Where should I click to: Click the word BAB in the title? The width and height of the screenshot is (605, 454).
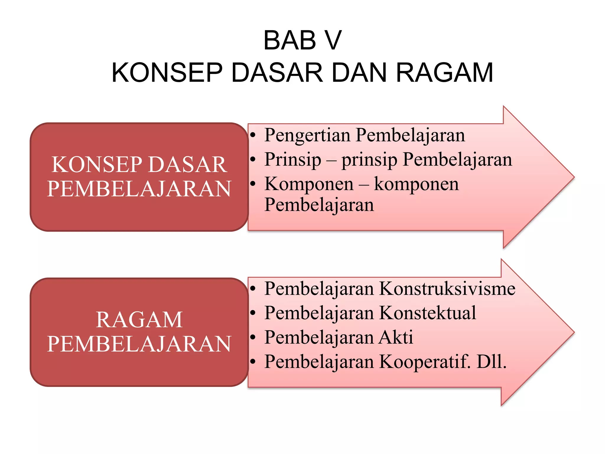(290, 40)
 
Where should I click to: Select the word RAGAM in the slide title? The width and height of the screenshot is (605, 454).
(444, 73)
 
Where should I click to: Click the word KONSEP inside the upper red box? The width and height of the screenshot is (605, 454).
(97, 165)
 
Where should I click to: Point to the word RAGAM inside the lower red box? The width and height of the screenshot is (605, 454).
(139, 320)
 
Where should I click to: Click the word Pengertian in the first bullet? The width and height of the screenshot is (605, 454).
(308, 135)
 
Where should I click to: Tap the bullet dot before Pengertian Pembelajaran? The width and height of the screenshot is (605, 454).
(253, 136)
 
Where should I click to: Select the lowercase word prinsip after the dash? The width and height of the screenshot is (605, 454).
(369, 160)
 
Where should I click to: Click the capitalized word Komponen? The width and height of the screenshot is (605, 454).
(309, 184)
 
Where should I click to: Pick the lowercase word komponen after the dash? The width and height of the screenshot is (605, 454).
(417, 184)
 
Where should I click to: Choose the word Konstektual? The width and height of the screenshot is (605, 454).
(427, 313)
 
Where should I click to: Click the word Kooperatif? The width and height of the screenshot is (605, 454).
(425, 362)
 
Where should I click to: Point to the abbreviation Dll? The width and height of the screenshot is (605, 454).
(492, 362)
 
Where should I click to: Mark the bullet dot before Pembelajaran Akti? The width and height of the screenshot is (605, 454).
(253, 337)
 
